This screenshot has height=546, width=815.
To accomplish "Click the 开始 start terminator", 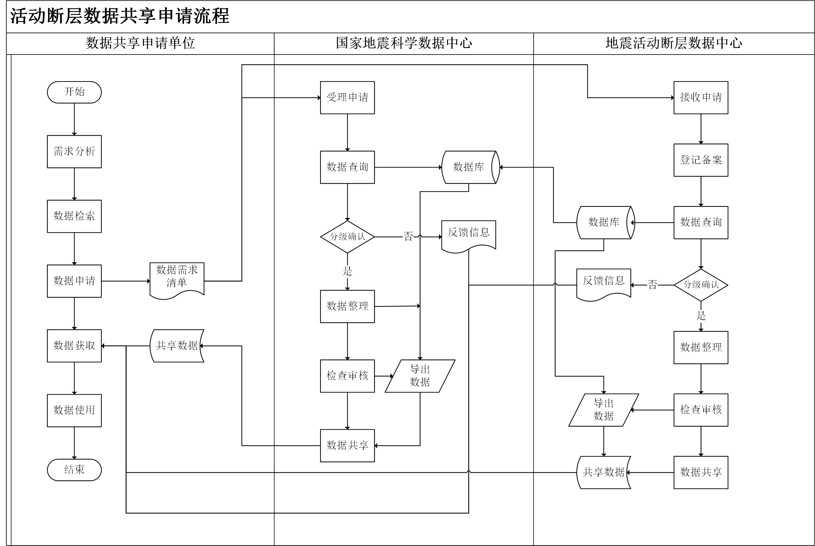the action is (74, 92).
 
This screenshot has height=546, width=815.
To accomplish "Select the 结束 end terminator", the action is (74, 470).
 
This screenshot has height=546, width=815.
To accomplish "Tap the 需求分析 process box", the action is (74, 151).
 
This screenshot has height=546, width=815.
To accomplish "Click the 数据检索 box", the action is (74, 216).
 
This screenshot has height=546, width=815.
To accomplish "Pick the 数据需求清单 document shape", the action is (177, 280).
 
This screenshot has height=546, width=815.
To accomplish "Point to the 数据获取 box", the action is (74, 346).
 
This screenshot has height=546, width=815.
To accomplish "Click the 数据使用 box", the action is (74, 411).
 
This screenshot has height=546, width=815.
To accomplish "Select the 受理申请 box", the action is (347, 97).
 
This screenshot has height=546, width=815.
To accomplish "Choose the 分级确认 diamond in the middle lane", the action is (347, 237).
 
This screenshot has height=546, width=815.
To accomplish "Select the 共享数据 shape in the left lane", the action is (177, 346).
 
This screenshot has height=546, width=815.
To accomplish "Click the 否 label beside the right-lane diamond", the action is (653, 285).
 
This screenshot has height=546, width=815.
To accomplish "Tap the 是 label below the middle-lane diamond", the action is (347, 271).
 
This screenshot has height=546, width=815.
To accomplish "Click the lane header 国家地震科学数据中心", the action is (404, 43).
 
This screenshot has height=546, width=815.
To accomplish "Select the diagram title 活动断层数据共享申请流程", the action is (120, 16).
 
